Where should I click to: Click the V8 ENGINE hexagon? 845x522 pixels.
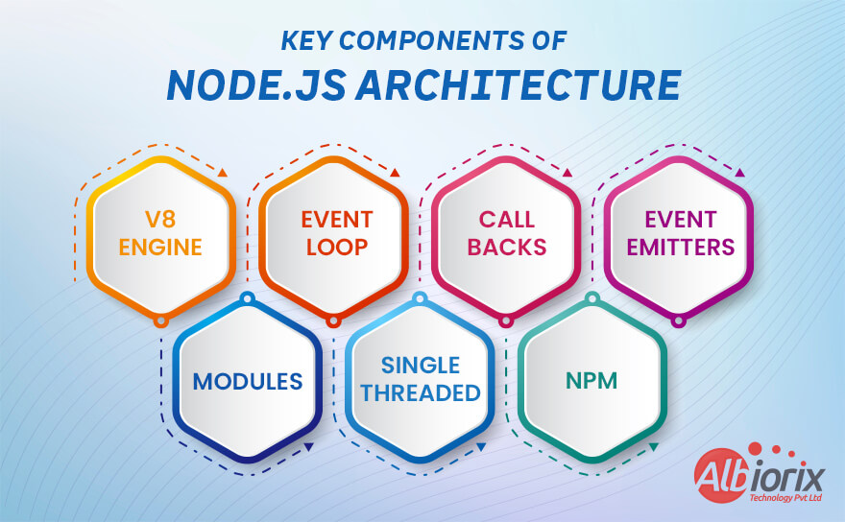tap(160, 234)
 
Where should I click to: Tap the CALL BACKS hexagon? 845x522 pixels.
tap(506, 234)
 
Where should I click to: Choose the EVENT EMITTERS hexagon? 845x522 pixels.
tap(680, 234)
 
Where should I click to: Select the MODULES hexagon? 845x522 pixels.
tap(248, 381)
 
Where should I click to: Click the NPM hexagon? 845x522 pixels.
tap(591, 381)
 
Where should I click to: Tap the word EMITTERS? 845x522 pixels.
tap(680, 248)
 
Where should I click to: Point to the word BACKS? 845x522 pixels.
tap(506, 248)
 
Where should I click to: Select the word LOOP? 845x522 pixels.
tap(336, 248)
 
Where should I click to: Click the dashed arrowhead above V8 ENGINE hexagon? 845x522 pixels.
tap(222, 173)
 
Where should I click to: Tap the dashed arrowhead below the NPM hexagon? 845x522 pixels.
tap(653, 446)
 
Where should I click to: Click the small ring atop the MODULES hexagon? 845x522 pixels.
tap(247, 298)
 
